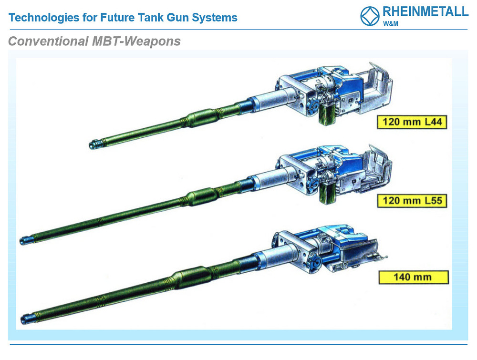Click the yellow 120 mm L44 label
pyautogui.click(x=412, y=122)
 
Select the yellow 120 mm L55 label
pyautogui.click(x=412, y=201)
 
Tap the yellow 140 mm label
pyautogui.click(x=414, y=277)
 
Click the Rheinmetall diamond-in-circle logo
pyautogui.click(x=370, y=16)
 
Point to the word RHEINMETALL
pyautogui.click(x=425, y=11)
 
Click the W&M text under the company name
pyautogui.click(x=391, y=24)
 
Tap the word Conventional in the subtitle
pyautogui.click(x=48, y=41)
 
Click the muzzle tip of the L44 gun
pyautogui.click(x=91, y=145)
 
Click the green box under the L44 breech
pyautogui.click(x=327, y=113)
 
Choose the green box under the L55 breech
pyautogui.click(x=327, y=193)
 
